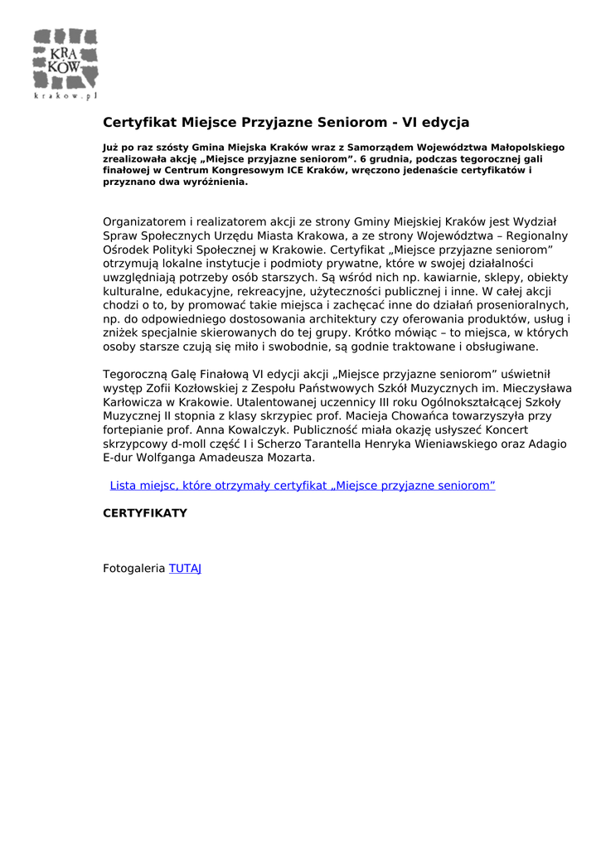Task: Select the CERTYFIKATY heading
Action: pyautogui.click(x=145, y=513)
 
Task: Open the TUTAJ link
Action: pyautogui.click(x=186, y=569)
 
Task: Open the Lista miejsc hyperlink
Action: pyautogui.click(x=303, y=485)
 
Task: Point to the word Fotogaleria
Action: pyautogui.click(x=134, y=569)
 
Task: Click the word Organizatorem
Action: pyautogui.click(x=145, y=221)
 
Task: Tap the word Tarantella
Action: pyautogui.click(x=306, y=444)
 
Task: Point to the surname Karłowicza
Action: pyautogui.click(x=136, y=401)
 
